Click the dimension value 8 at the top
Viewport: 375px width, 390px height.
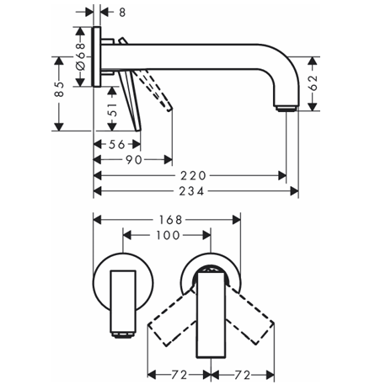pyautogui.click(x=122, y=12)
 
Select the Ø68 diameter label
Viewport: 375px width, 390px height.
pyautogui.click(x=80, y=56)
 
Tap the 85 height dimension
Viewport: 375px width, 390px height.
pyautogui.click(x=59, y=89)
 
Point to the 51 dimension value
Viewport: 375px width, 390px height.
pyautogui.click(x=112, y=110)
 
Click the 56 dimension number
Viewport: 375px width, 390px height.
pyautogui.click(x=117, y=144)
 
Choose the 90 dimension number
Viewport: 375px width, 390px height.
pyautogui.click(x=134, y=160)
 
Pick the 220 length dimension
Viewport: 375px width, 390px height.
pyautogui.click(x=193, y=176)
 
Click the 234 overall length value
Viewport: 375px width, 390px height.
pyautogui.click(x=191, y=191)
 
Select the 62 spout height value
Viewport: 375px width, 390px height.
pyautogui.click(x=313, y=83)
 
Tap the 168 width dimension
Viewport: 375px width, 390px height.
pyautogui.click(x=171, y=220)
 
